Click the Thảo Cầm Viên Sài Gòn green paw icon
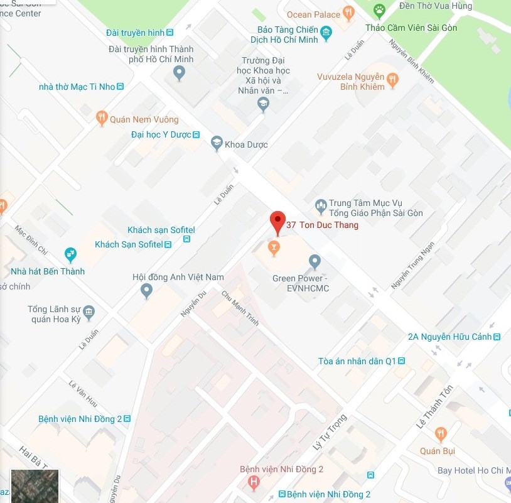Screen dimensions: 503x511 coord(379,10)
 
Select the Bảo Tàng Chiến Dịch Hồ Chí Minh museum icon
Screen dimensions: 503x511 coord(326,33)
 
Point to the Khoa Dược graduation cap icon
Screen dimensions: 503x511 coord(217,144)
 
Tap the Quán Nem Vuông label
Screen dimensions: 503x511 coord(144,119)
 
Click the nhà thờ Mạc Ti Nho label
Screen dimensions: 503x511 coord(77,87)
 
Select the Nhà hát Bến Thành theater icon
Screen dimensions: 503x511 coord(70,254)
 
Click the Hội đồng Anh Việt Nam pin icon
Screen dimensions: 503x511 coord(146,290)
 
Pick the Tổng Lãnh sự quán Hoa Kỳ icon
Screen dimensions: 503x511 coord(89,312)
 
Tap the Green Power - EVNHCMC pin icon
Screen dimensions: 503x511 coord(315,261)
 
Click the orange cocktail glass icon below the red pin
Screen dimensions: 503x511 coord(273,249)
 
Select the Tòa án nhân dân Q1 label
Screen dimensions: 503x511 coord(357,361)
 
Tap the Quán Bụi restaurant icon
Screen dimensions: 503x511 coord(441,434)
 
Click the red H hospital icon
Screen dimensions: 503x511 coord(253,482)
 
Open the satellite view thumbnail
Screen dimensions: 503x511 coord(35,485)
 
